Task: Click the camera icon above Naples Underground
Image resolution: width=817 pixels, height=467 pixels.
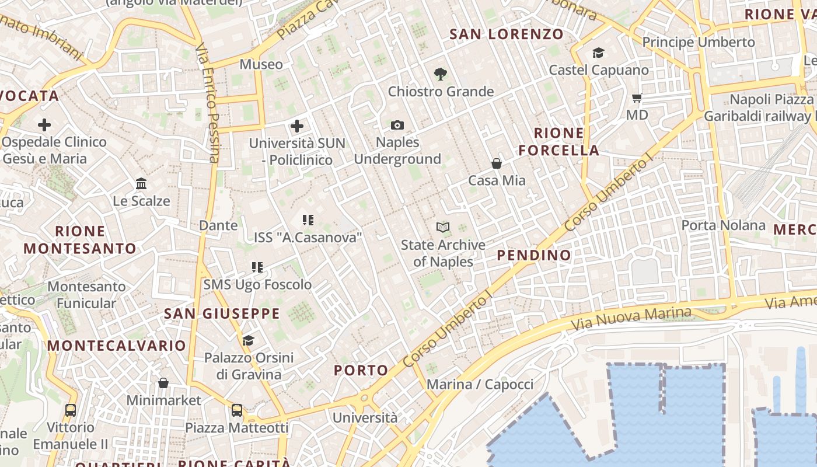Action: tap(397, 126)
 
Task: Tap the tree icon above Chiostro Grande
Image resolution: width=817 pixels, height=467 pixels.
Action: tap(441, 74)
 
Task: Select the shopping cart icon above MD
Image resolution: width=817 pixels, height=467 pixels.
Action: tap(637, 98)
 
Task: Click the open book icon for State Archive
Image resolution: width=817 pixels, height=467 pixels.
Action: tap(443, 228)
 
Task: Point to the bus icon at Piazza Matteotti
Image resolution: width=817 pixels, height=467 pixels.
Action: tap(237, 410)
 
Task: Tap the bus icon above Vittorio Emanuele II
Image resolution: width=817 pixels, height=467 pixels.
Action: tap(71, 410)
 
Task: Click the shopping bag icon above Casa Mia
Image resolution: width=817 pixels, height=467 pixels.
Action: tap(497, 163)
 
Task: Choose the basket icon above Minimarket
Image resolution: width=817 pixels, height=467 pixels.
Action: tap(163, 383)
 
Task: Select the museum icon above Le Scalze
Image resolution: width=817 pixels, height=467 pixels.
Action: tap(141, 184)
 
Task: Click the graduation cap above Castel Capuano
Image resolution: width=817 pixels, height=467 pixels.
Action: tap(598, 53)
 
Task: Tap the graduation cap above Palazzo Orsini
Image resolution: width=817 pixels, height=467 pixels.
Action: tap(248, 340)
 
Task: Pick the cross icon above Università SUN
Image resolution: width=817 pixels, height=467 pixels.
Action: tap(297, 126)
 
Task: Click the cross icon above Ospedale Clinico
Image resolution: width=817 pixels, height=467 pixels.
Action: tap(44, 124)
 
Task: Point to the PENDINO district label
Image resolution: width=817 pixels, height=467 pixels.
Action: tap(534, 255)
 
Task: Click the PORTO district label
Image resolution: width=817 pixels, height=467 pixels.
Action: tap(361, 370)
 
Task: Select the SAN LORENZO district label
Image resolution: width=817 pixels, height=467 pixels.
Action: tap(507, 34)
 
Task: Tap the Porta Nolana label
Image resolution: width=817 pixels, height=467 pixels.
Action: tap(723, 225)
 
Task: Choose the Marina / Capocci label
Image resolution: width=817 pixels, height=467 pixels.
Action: tap(480, 384)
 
